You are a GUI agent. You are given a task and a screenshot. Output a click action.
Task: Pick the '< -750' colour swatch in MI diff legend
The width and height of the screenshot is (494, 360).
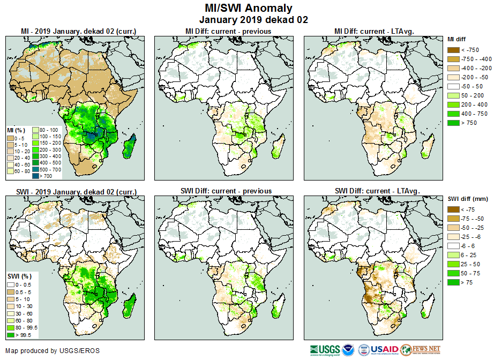pyautogui.click(x=453, y=50)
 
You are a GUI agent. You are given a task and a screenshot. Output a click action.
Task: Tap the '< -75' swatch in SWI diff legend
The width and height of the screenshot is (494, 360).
pyautogui.click(x=453, y=209)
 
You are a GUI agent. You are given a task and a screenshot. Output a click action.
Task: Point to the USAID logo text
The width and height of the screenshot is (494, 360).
pyautogui.click(x=385, y=350)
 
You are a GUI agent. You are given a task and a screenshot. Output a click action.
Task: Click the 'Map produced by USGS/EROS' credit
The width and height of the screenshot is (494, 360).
pyautogui.click(x=53, y=351)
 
